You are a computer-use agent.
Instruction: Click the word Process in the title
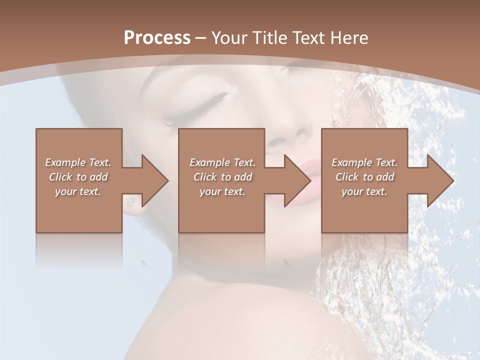[x=157, y=38]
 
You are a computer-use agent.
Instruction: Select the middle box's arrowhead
[x=296, y=180]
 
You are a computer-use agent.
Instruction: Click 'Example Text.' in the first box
[x=78, y=162]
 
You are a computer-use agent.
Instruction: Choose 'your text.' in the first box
[x=78, y=191]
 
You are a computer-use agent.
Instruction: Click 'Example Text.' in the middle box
[x=222, y=162]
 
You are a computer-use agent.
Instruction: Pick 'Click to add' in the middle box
[x=222, y=177]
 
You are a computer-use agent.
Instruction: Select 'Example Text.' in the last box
[x=364, y=162]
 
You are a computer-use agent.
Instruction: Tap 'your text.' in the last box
[x=364, y=191]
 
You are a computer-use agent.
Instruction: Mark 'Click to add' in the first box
[x=78, y=177]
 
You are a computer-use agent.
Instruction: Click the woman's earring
[x=131, y=201]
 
